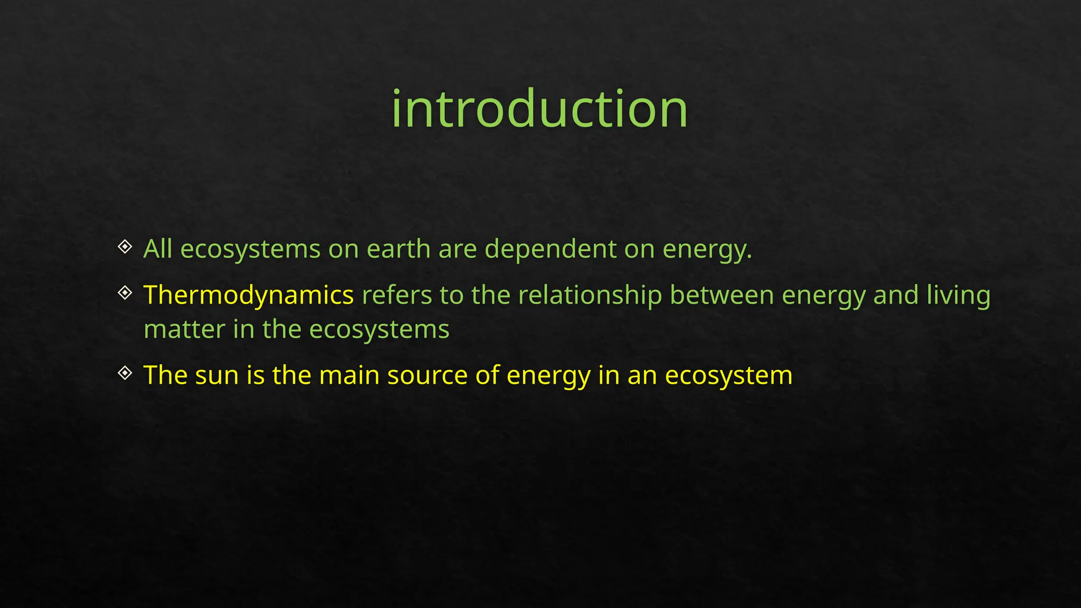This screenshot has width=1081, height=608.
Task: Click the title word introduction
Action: [539, 109]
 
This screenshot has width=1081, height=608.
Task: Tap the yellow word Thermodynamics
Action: [248, 295]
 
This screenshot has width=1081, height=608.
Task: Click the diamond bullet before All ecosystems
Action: [125, 246]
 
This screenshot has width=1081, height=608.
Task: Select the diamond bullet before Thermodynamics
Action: [125, 292]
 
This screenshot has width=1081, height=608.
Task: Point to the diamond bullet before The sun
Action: [125, 373]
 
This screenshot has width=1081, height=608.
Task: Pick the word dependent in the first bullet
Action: [550, 249]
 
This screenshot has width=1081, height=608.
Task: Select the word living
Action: [959, 295]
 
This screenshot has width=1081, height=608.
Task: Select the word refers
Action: [396, 295]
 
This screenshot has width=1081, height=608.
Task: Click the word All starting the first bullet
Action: [158, 249]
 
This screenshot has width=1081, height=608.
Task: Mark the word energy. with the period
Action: [707, 250]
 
